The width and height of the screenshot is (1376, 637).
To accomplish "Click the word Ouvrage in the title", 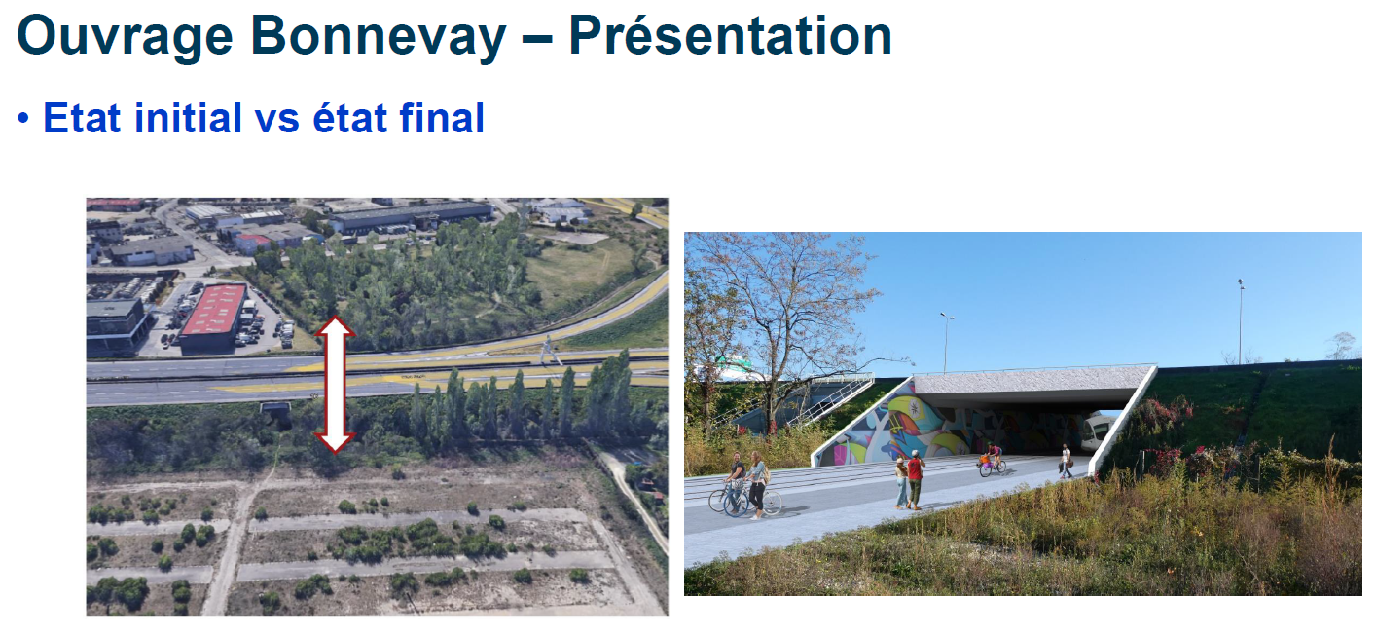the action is [126, 37].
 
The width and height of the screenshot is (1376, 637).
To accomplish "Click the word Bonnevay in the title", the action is [379, 37].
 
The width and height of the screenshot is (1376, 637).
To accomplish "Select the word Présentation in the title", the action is [731, 36].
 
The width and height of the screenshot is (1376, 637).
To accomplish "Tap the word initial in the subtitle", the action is [188, 118].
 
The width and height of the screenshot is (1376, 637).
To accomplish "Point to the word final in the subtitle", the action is [442, 118].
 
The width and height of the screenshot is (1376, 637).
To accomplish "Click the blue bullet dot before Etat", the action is [23, 118].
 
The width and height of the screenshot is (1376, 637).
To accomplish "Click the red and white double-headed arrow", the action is [335, 385].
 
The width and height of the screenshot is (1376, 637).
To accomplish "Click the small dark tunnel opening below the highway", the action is [276, 415].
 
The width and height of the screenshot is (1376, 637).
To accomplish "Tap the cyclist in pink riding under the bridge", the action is [993, 461].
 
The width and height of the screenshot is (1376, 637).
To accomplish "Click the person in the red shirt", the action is [916, 480].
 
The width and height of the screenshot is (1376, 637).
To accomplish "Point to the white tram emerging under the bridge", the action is [1097, 433].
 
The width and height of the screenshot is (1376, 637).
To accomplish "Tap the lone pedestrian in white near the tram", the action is [1066, 462].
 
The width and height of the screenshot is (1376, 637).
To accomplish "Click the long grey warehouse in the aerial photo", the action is [412, 216].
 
